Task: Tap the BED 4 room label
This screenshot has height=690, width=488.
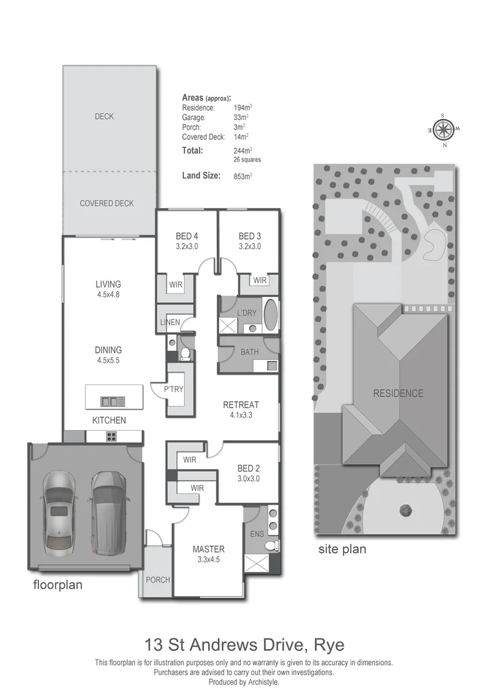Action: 187,235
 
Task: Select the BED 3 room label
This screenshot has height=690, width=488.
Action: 250,235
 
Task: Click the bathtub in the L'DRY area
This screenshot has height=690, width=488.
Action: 271,315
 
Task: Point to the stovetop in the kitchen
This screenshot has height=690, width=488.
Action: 110,437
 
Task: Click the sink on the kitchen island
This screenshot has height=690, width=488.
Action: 109,401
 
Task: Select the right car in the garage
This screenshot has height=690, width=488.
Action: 106,512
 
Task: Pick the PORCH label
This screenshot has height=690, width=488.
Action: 158,580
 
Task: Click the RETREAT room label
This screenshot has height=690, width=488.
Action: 241,404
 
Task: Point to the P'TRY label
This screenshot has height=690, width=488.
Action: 174,390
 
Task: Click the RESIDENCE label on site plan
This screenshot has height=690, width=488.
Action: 398,394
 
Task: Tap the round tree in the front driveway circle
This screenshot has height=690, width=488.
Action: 404,509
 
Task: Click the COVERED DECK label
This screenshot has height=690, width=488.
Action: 107,203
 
